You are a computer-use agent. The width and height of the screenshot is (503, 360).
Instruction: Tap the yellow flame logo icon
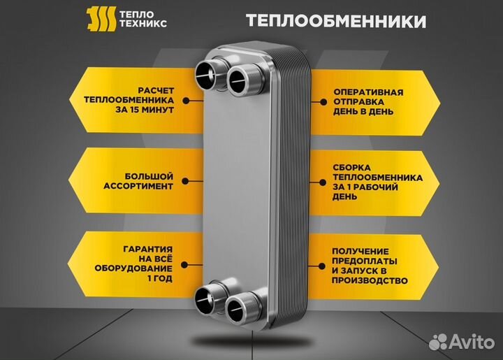coord(99,20)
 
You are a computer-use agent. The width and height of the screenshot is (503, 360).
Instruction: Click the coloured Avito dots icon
coord(439,342)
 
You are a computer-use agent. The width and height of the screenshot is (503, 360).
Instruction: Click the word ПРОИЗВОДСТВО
coord(370,280)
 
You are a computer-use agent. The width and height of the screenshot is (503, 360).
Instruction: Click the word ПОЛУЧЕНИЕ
coord(360,250)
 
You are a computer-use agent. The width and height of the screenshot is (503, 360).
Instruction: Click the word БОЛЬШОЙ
coord(149,177)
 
